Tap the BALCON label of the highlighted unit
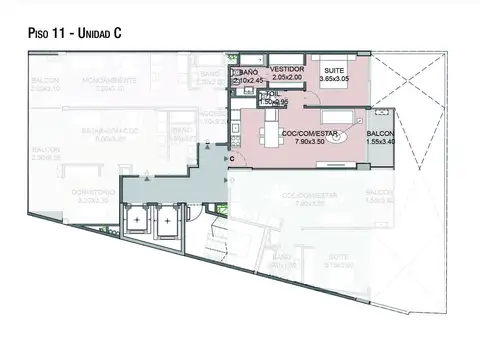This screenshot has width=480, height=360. [380, 134]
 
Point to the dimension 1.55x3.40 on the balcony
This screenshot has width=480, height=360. [380, 143]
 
